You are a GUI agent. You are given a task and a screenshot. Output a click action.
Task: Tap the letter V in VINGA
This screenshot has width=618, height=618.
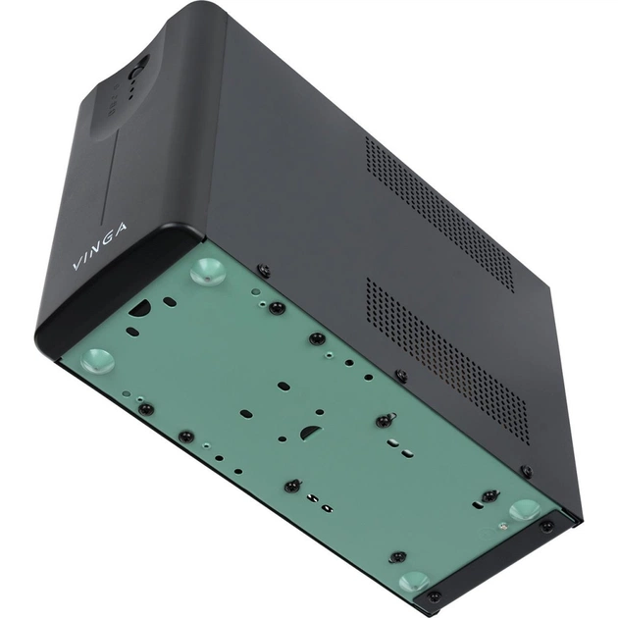pos(78,265)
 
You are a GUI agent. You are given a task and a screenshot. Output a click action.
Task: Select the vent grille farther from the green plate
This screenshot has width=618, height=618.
pos(439,211)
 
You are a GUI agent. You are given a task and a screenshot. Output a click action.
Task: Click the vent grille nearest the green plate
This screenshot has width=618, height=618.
pos(447,357)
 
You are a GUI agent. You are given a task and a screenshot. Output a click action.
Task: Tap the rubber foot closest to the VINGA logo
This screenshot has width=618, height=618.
pos(207,271)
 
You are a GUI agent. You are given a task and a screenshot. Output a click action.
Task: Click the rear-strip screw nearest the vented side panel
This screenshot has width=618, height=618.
pos(546,527)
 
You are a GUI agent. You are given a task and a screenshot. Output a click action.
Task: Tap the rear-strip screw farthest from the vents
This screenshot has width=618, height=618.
pos(433,595)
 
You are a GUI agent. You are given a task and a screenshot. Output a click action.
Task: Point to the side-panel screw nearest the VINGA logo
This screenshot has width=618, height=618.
pos(264,270)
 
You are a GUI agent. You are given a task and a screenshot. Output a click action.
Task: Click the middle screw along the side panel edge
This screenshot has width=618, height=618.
pos(400,375)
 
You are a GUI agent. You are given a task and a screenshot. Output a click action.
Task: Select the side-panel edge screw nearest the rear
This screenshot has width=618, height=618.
pos(526,472)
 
